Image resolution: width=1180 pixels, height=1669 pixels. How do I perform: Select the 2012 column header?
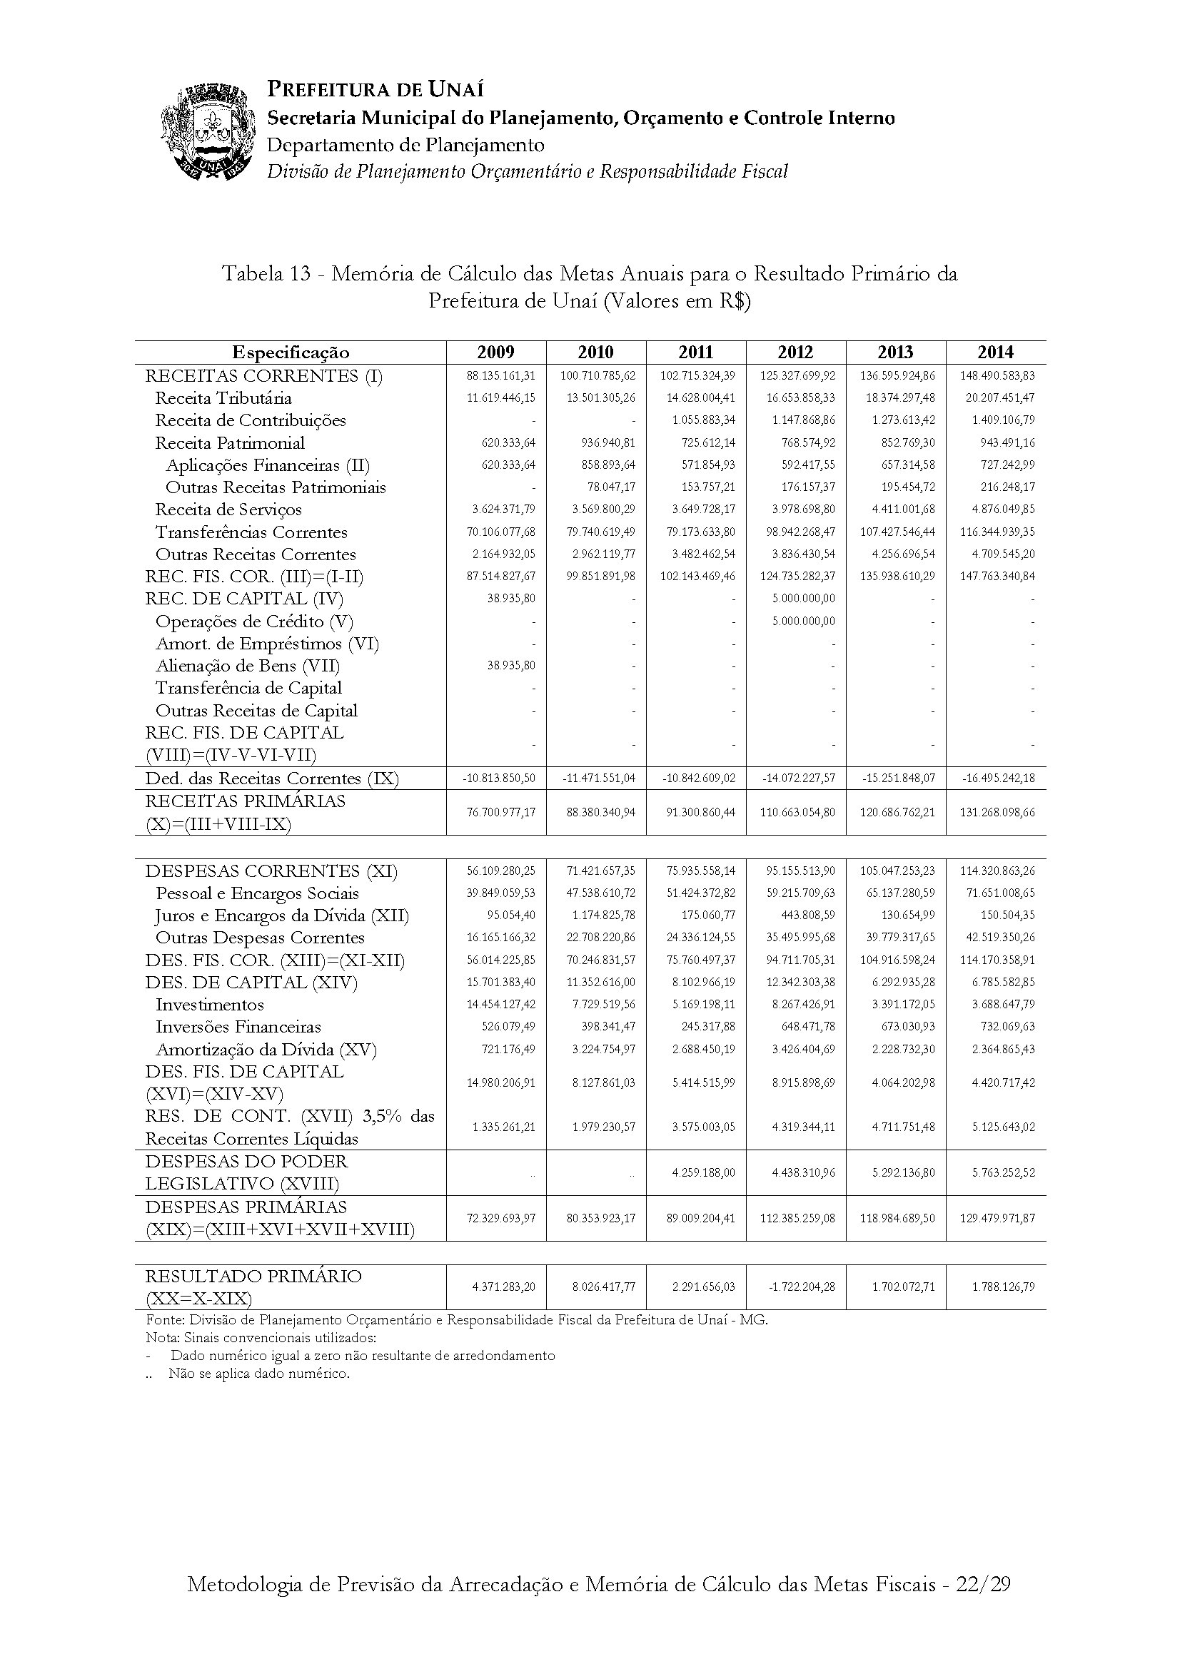pos(795,352)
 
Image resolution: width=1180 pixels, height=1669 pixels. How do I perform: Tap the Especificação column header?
pos(290,352)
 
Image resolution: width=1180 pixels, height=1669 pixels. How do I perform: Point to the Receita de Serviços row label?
pos(228,509)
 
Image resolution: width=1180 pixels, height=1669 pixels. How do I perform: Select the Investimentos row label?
pos(209,1005)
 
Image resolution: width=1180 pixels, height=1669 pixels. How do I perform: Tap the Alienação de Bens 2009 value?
pos(511,666)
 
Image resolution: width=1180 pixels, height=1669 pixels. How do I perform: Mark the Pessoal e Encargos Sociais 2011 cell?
pos(702,893)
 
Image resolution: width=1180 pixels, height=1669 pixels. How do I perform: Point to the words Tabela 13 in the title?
pos(262,274)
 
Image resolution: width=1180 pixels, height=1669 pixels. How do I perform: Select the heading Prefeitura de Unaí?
pos(375,90)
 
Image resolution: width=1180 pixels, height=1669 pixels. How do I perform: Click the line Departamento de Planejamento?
pos(405,146)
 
